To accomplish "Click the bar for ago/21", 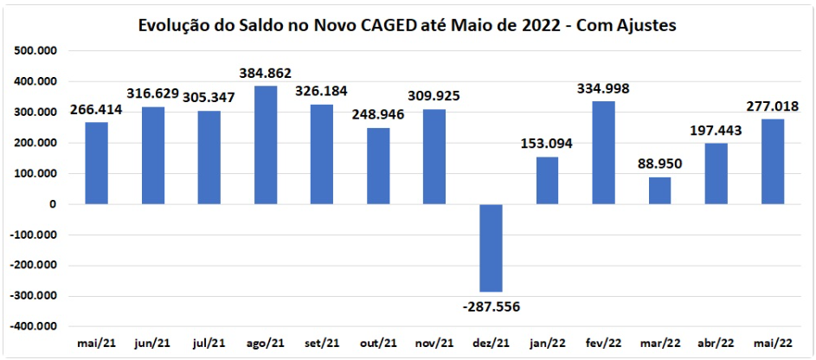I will (266, 145).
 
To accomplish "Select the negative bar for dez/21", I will (492, 248).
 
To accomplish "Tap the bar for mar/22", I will (660, 190).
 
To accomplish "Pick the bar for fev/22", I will (604, 152).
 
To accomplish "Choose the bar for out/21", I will (378, 166).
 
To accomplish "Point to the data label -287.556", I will (490, 305).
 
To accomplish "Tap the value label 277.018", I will (774, 106).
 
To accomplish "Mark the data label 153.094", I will (548, 144).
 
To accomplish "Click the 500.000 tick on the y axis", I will (36, 51).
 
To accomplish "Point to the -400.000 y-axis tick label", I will (35, 327).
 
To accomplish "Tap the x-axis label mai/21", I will (97, 344).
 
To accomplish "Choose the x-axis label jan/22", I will (548, 344).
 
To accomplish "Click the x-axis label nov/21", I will (434, 344).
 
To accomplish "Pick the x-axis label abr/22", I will (717, 344).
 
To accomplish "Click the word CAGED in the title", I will (406, 26).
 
